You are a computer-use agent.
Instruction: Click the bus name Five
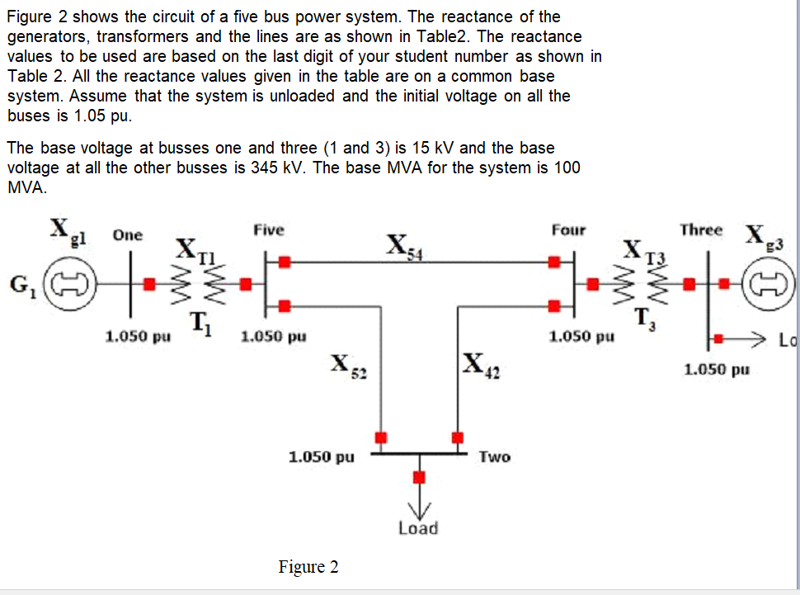tap(269, 229)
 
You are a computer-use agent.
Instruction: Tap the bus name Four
tap(568, 230)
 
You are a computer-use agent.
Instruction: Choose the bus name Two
tap(494, 456)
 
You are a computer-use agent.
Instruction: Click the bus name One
tap(127, 234)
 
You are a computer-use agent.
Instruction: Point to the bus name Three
tap(701, 229)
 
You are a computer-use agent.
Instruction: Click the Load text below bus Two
tap(418, 528)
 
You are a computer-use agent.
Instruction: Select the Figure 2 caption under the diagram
tap(308, 567)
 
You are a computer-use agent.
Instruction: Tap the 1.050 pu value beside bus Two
tap(322, 456)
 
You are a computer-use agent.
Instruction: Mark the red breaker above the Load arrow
tap(419, 477)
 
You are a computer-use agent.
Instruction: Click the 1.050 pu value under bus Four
tap(582, 337)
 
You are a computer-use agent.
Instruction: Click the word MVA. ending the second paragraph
tap(26, 187)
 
